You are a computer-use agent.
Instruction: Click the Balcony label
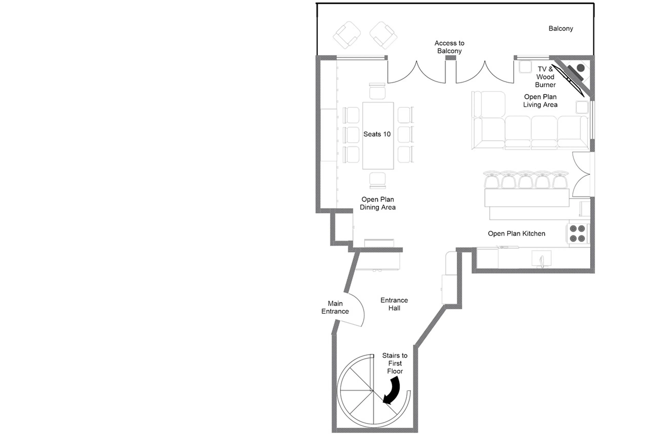(x=560, y=28)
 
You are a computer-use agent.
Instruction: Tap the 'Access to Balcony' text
(x=449, y=47)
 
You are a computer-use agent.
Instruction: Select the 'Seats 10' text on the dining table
(x=377, y=134)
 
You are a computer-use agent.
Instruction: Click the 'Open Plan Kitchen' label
(x=516, y=234)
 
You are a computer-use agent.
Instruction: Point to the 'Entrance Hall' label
(x=394, y=304)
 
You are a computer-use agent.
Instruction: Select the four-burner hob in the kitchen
(x=577, y=234)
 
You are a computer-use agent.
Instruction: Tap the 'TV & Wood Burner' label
(x=545, y=77)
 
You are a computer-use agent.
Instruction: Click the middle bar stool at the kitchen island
(x=525, y=180)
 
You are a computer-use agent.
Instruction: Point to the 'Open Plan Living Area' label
(x=540, y=101)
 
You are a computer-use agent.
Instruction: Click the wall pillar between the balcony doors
(x=450, y=58)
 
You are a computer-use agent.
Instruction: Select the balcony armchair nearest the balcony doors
(x=383, y=35)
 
